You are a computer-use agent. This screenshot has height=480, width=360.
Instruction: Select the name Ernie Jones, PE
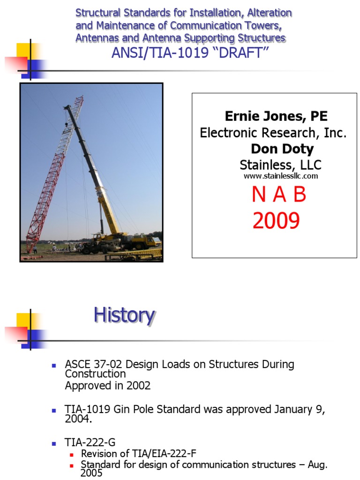click(x=276, y=116)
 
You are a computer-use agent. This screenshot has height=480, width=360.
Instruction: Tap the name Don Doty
click(x=282, y=149)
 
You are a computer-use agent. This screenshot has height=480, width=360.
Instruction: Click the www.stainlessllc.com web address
click(x=281, y=176)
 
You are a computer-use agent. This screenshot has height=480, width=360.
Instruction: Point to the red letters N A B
click(x=279, y=195)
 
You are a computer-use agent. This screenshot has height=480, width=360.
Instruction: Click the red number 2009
click(x=276, y=220)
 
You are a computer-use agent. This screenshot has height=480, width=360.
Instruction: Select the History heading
click(x=124, y=315)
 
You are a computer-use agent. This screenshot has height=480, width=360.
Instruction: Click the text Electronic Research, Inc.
click(x=273, y=133)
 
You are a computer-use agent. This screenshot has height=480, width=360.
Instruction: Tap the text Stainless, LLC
click(x=280, y=165)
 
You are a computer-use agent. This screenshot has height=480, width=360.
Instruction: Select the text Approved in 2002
click(x=108, y=386)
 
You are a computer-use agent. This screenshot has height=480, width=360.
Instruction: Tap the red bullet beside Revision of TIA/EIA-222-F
click(x=72, y=454)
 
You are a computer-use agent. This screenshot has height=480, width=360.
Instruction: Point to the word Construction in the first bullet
click(x=96, y=374)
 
